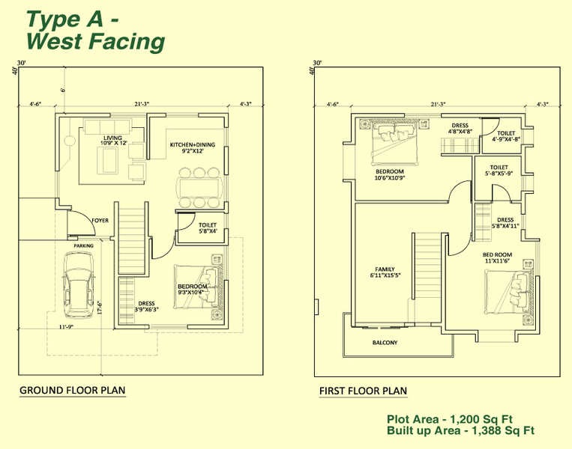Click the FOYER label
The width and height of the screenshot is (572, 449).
(100, 221)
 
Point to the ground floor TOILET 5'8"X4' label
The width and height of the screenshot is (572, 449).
(208, 227)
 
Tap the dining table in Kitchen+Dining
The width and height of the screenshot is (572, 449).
(199, 187)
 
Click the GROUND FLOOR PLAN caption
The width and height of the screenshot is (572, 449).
(72, 390)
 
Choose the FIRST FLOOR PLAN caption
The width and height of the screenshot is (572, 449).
(363, 391)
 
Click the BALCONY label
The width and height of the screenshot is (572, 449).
(385, 343)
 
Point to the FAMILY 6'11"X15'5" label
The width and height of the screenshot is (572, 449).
(385, 272)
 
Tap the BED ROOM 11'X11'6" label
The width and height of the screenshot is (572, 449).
(496, 258)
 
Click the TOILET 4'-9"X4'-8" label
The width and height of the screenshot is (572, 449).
(506, 135)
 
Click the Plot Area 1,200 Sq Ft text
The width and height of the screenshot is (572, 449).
(450, 419)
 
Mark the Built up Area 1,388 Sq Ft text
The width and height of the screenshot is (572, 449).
(460, 431)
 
